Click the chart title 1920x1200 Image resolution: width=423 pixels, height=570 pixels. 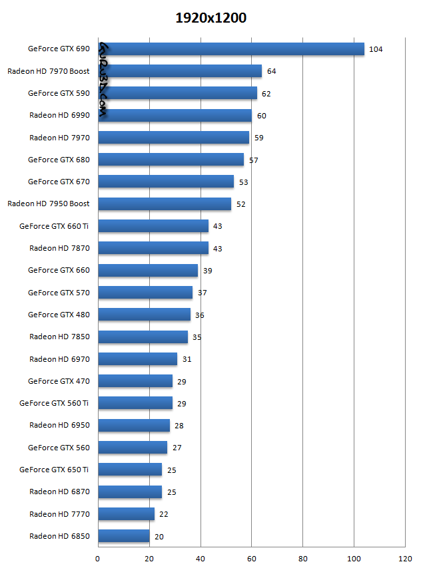click(211, 18)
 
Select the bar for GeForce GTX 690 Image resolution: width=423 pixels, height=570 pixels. click(231, 49)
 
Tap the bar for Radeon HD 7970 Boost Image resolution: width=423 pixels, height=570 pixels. click(180, 71)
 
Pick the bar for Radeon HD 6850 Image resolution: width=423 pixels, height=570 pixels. click(124, 536)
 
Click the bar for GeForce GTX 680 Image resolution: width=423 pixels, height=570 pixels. click(171, 160)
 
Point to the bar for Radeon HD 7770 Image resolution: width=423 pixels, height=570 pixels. click(127, 514)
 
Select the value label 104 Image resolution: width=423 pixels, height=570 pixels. click(375, 49)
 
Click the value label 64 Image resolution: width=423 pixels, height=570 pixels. click(271, 71)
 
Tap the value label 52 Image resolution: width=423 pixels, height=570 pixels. click(240, 204)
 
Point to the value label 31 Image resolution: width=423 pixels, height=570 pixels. click(187, 359)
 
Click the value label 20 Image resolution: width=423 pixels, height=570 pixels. click(159, 537)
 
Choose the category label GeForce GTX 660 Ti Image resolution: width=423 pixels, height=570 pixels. click(54, 226)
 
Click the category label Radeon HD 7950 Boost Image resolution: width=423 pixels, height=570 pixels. click(49, 204)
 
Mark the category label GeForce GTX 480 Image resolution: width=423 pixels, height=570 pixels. click(59, 315)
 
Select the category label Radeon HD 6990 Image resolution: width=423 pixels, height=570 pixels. click(59, 115)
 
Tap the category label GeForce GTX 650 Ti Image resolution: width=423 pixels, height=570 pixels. click(54, 470)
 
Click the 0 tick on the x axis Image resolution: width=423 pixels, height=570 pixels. click(98, 559)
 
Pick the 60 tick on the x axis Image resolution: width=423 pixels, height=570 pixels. click(251, 559)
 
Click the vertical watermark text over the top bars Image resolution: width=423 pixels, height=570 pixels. click(105, 81)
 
